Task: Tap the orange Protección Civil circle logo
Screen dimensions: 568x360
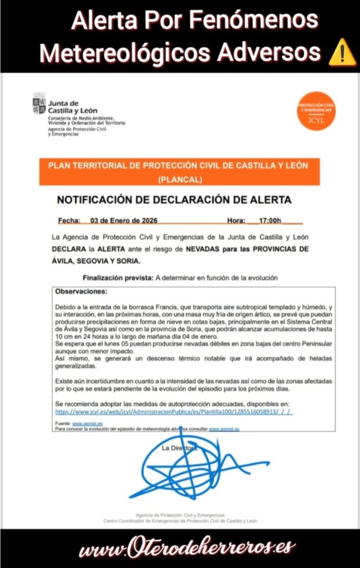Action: (316, 110)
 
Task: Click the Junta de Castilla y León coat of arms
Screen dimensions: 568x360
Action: (39, 104)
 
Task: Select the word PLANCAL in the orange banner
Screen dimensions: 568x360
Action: (180, 179)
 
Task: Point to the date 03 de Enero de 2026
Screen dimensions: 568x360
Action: (124, 220)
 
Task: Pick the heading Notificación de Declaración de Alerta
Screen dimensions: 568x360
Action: (174, 200)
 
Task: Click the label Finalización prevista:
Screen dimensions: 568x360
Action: (118, 277)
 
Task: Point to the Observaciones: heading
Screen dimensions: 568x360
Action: (82, 291)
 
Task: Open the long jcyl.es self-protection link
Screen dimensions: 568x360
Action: (174, 412)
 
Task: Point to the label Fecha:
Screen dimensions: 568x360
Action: (69, 220)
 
